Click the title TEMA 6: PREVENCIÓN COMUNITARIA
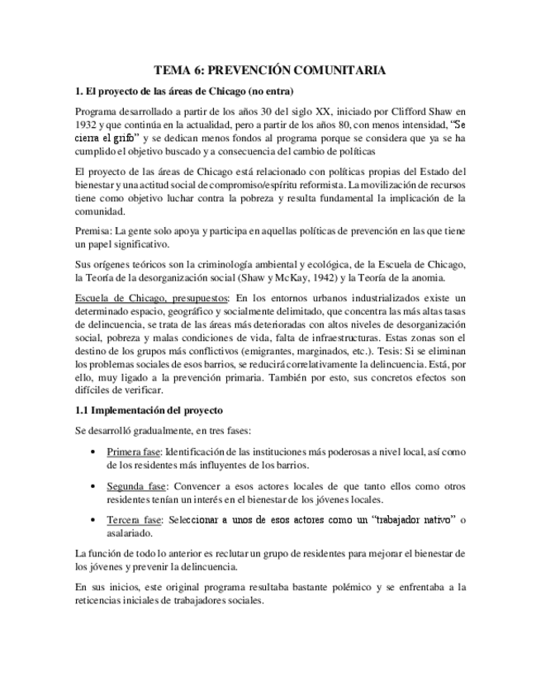(270, 71)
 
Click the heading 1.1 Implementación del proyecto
(148, 410)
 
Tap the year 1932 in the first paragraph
(88, 125)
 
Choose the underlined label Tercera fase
(134, 519)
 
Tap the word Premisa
(93, 231)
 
